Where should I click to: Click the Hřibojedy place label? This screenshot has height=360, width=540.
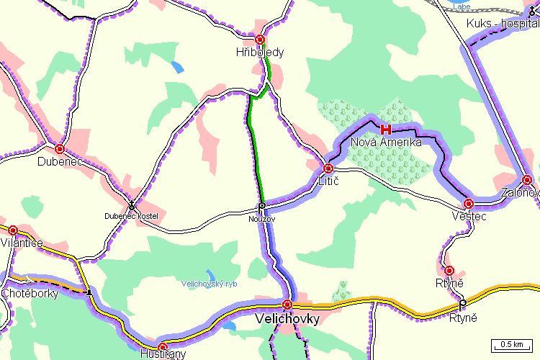tap(260, 53)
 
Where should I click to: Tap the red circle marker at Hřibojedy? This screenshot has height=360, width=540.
tap(260, 40)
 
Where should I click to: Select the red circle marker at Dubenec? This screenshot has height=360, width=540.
tap(60, 149)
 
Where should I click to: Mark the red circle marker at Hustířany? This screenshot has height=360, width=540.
tap(163, 346)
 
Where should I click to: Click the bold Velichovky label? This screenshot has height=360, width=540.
tap(287, 317)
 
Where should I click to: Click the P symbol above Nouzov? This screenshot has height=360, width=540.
tap(262, 206)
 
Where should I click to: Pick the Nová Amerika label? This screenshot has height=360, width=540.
tap(386, 143)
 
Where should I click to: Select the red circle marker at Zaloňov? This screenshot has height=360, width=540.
tap(527, 180)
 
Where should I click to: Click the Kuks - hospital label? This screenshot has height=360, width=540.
tap(503, 24)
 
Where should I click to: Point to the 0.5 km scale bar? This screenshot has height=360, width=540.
tap(511, 344)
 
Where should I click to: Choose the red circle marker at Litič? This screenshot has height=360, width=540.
tap(328, 168)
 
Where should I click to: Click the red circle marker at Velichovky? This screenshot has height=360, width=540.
tap(287, 304)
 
